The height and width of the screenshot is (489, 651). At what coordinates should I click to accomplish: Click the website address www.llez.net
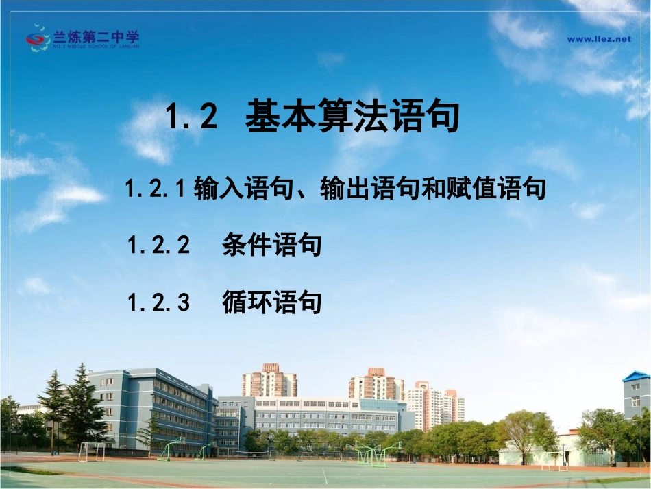[x=598, y=39]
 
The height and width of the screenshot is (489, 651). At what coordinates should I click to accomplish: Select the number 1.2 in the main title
[x=192, y=117]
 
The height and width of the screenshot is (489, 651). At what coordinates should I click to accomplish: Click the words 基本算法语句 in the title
[x=352, y=117]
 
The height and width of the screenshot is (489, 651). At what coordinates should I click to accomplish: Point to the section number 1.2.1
[x=156, y=188]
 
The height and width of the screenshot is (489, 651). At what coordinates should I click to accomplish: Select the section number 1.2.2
[x=158, y=245]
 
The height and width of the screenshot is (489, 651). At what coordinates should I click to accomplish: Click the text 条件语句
[x=272, y=245]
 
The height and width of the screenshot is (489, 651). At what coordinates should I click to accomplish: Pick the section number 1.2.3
[x=158, y=302]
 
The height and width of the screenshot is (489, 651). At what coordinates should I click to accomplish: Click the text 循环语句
[x=272, y=302]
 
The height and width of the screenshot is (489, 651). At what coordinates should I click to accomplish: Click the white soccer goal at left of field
[x=91, y=451]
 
